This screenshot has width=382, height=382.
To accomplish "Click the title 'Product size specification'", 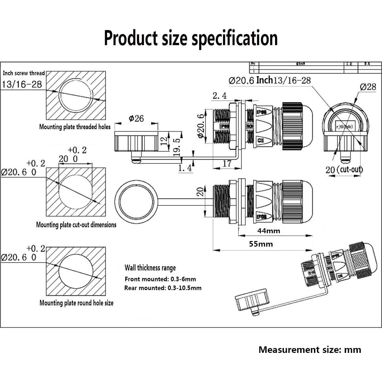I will [x=191, y=38].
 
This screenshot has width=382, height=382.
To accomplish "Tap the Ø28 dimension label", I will [x=368, y=87].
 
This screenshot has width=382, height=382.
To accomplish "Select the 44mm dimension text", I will [x=269, y=231].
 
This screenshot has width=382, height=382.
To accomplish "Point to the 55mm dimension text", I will [x=261, y=244].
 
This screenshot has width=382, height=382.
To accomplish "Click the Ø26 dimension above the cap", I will [x=136, y=118].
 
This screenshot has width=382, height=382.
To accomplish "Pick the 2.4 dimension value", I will [x=219, y=95].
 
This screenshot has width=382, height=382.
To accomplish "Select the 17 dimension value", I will [x=227, y=163].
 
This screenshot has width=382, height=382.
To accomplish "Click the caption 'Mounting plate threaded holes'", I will [x=75, y=127].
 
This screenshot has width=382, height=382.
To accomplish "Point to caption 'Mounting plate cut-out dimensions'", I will [x=76, y=225].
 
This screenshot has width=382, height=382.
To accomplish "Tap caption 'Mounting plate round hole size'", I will [x=77, y=303].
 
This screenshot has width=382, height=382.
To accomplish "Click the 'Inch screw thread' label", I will [x=24, y=73].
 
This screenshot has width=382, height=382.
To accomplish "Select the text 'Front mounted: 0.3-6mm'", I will [x=160, y=279].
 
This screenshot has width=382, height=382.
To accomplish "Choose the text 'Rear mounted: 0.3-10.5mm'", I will [x=163, y=288].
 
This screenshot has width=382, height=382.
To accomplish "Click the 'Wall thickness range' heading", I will [x=150, y=268].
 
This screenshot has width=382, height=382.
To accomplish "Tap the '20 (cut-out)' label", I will [x=344, y=169].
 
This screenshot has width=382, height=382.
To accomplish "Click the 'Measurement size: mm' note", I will [x=310, y=350].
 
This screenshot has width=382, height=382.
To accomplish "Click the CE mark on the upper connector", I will [x=261, y=140].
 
